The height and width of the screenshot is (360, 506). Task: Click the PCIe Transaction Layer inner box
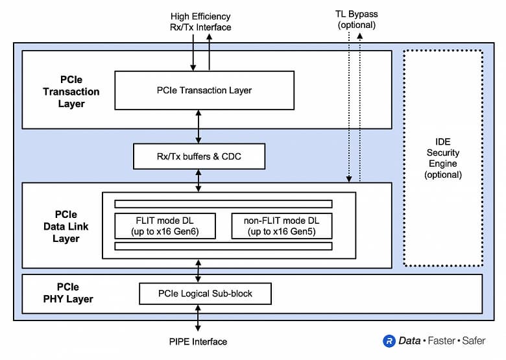pyautogui.click(x=204, y=90)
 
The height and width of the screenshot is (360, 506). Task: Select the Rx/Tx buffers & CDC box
pyautogui.click(x=199, y=156)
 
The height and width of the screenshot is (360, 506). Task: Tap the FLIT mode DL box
pyautogui.click(x=165, y=225)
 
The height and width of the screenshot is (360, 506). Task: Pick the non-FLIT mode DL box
pyautogui.click(x=282, y=225)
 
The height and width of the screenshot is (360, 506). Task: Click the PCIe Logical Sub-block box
pyautogui.click(x=205, y=294)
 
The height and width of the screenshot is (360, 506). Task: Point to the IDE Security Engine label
pyautogui.click(x=443, y=158)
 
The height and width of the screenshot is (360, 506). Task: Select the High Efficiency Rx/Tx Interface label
pyautogui.click(x=200, y=21)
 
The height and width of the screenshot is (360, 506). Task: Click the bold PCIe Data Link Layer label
pyautogui.click(x=66, y=226)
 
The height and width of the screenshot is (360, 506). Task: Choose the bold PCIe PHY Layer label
pyautogui.click(x=66, y=293)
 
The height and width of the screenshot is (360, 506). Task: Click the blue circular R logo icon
pyautogui.click(x=389, y=341)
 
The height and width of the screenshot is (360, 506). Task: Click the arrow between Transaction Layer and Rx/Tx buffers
pyautogui.click(x=199, y=126)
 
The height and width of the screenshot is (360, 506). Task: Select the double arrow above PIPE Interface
pyautogui.click(x=199, y=319)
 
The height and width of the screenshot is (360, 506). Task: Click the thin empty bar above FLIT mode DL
pyautogui.click(x=223, y=204)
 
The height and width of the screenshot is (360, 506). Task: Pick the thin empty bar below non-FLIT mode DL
pyautogui.click(x=223, y=246)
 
